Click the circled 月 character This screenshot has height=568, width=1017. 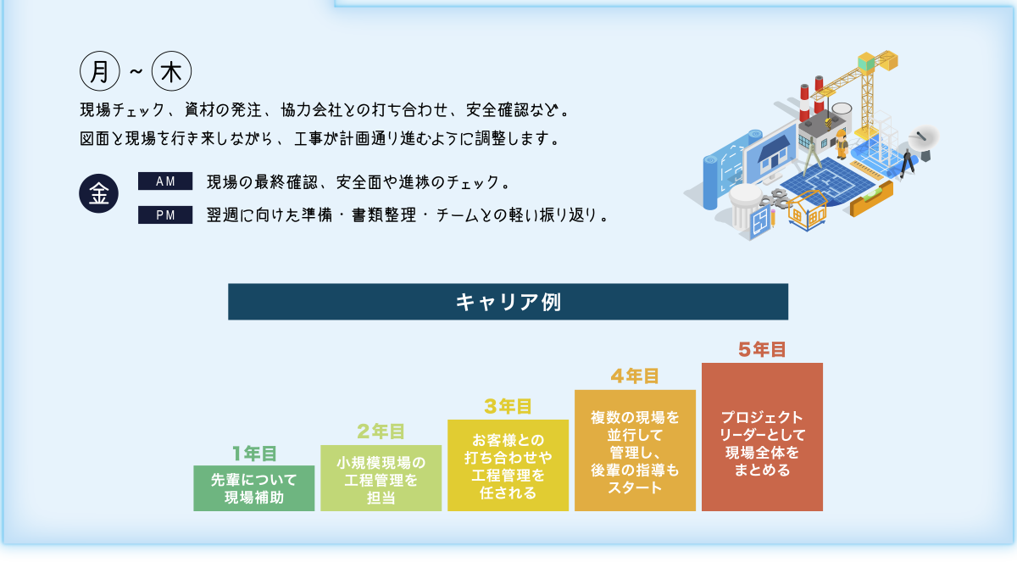(99, 72)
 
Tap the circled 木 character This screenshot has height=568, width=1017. (171, 72)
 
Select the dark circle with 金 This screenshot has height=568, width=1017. (99, 193)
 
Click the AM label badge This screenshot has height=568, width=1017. (165, 181)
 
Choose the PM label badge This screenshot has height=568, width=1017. (165, 215)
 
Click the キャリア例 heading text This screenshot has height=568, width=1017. (508, 302)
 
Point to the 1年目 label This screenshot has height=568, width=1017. (254, 454)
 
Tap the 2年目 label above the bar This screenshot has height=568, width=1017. (381, 432)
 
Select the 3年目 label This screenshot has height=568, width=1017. (508, 407)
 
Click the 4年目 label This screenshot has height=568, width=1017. (635, 376)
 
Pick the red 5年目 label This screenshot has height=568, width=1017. (762, 349)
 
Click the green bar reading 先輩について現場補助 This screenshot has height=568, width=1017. (254, 488)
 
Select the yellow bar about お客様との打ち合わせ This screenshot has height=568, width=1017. (508, 465)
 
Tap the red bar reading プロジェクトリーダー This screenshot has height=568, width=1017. (762, 437)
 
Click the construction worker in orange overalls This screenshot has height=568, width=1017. (842, 144)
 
